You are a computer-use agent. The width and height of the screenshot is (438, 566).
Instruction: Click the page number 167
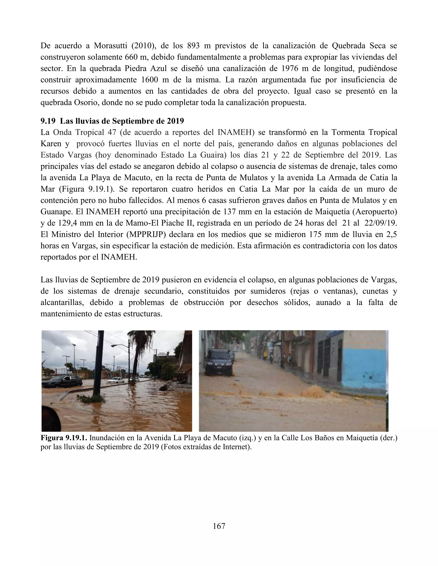[219, 526]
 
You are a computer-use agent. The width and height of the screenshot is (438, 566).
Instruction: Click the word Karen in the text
[51, 144]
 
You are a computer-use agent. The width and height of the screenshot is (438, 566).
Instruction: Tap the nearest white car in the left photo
[116, 380]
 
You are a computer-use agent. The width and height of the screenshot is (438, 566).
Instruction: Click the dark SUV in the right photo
[220, 362]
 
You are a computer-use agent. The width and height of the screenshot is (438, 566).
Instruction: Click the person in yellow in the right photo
[265, 354]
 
